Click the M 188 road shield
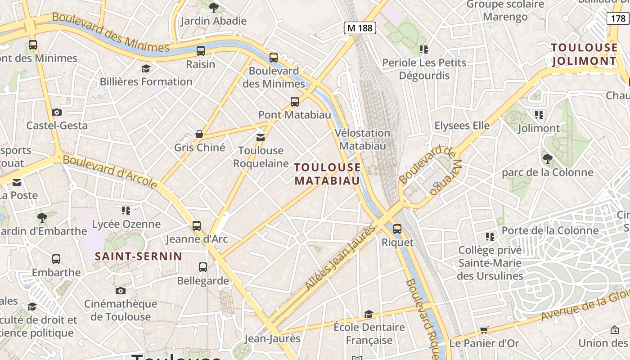point(360,28)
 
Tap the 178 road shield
point(618,18)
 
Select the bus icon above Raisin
point(201,51)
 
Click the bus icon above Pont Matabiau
point(295,102)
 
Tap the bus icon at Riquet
point(397,229)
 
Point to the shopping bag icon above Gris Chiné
point(199,134)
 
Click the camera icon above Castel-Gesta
point(57,112)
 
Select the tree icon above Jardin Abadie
point(214,7)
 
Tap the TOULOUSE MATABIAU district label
point(327,174)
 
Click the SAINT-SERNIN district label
point(139,256)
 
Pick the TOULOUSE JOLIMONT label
point(585,54)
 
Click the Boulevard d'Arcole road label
point(110,171)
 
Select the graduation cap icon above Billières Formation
point(146,68)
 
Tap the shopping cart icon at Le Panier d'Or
point(484,330)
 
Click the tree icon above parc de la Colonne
point(547,158)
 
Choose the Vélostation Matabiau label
point(362,139)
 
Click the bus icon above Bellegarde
point(203,267)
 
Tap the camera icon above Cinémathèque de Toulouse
point(120,291)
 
